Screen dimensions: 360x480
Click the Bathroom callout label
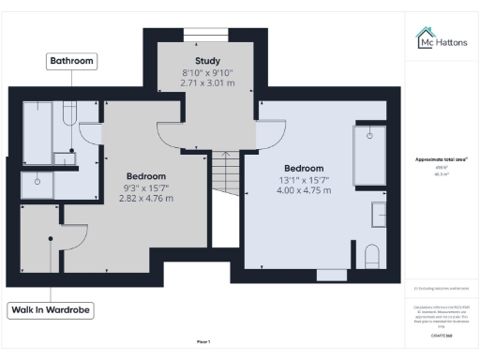coord(72,61)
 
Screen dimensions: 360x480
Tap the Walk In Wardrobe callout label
coord(52,309)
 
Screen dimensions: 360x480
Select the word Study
coord(206,62)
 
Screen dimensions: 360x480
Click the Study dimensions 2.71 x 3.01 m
coord(206,82)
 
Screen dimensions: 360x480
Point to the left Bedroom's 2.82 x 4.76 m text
coord(146,198)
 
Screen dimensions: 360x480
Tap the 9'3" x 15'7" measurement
coord(146,187)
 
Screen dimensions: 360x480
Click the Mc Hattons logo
coord(444,39)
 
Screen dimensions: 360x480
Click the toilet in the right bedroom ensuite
coord(371,254)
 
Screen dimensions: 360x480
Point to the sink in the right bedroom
coord(378,214)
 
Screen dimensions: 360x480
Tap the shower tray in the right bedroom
coord(368,155)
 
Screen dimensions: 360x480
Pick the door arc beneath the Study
coord(178,141)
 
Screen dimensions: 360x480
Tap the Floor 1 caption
coord(203,341)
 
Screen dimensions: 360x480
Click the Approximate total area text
coord(442,159)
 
